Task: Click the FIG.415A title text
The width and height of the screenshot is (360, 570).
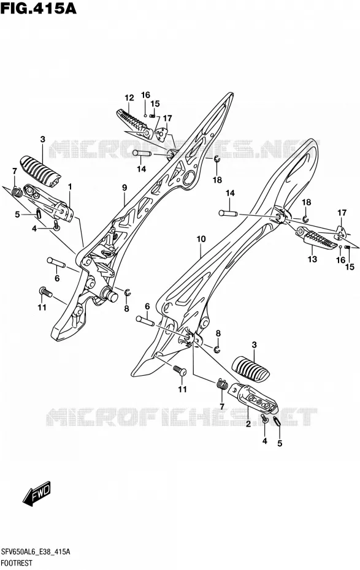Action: (39, 8)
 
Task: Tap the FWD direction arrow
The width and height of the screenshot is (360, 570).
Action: (37, 494)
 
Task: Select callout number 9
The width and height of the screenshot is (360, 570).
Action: (124, 188)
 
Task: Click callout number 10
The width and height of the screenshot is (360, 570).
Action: (201, 239)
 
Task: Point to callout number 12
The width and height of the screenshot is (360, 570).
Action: (129, 98)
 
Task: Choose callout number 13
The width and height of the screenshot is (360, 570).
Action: (312, 259)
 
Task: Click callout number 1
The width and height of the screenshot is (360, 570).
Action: (69, 187)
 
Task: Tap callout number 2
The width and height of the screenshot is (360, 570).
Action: (248, 424)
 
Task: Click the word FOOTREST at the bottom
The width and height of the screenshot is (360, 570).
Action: (17, 563)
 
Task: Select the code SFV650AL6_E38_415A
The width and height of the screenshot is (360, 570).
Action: (36, 552)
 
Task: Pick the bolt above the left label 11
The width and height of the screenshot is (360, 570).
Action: (46, 292)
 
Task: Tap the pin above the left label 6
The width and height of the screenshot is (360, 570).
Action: (56, 262)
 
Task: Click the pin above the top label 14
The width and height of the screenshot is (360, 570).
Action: (142, 153)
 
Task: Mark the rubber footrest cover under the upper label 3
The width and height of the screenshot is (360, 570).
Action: (40, 171)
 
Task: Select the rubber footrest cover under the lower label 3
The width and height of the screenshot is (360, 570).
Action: (251, 370)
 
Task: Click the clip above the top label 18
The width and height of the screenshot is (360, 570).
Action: (216, 159)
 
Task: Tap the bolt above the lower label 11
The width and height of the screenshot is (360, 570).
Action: (180, 371)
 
